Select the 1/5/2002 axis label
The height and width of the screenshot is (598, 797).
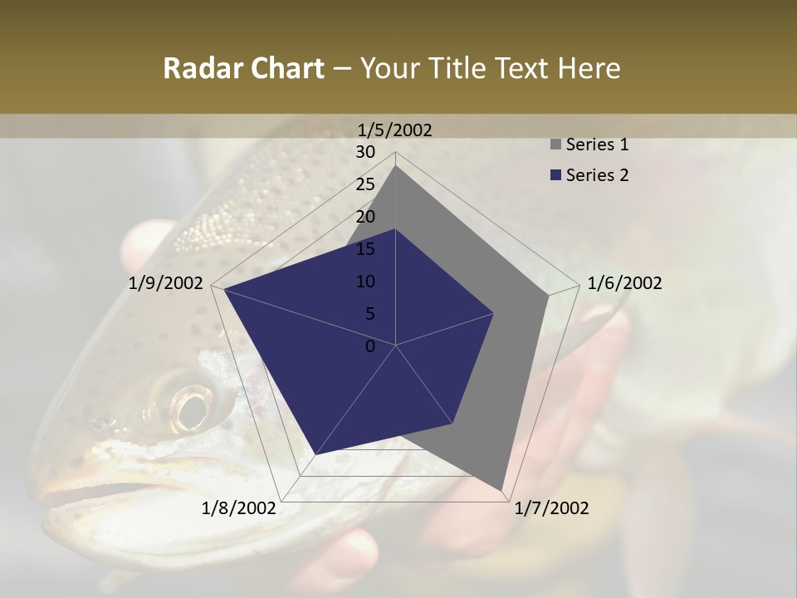[x=395, y=130]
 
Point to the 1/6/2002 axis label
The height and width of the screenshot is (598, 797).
[x=624, y=283]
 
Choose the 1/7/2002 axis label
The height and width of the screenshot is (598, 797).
[x=551, y=508]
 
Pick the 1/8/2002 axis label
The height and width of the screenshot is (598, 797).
[x=239, y=508]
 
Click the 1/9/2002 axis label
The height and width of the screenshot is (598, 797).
[x=166, y=283]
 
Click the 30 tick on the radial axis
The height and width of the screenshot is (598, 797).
[x=365, y=152]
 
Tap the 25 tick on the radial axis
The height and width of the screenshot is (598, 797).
[x=365, y=184]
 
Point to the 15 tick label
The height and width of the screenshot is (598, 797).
[x=365, y=249]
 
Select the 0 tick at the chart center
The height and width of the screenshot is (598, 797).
[x=370, y=346]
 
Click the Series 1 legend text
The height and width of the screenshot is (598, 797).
[x=597, y=145]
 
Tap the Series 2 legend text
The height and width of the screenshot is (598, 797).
[x=597, y=175]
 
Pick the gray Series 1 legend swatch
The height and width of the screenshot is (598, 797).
[x=555, y=145]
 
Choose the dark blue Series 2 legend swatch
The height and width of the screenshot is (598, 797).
[x=555, y=175]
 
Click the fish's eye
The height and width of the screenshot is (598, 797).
[x=192, y=408]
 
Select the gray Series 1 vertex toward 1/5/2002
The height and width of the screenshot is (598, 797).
[x=396, y=166]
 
